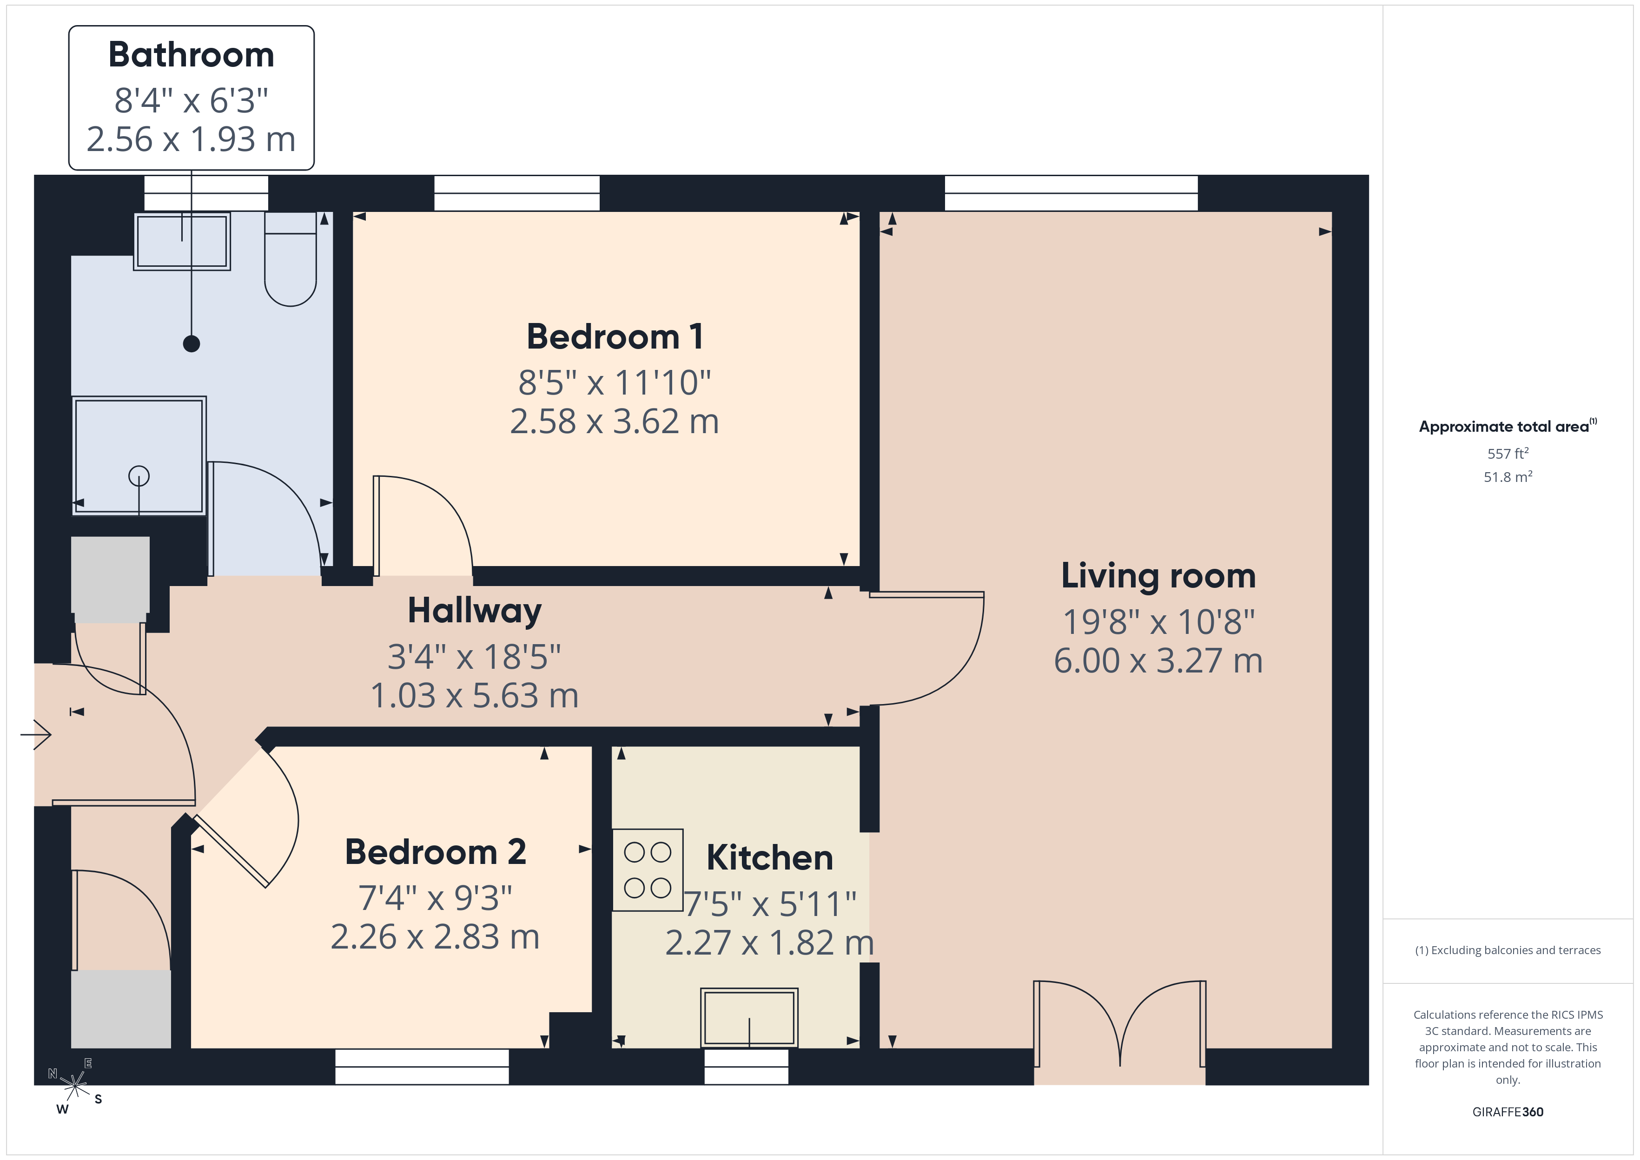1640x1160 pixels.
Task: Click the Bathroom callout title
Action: (192, 55)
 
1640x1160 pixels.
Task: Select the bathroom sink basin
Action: (182, 241)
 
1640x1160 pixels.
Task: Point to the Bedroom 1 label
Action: (615, 336)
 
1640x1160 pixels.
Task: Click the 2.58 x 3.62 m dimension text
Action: (614, 422)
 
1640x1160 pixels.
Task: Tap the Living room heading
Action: (1158, 576)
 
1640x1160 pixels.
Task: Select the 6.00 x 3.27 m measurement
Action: (1158, 661)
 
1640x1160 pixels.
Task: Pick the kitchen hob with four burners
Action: (648, 870)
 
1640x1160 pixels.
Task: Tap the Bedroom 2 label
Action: (436, 851)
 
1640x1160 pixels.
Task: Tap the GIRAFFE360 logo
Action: (1508, 1112)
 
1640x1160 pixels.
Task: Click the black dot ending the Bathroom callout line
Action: (192, 343)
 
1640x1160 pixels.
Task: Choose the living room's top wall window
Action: (1071, 193)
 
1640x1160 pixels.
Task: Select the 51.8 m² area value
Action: (1508, 476)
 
